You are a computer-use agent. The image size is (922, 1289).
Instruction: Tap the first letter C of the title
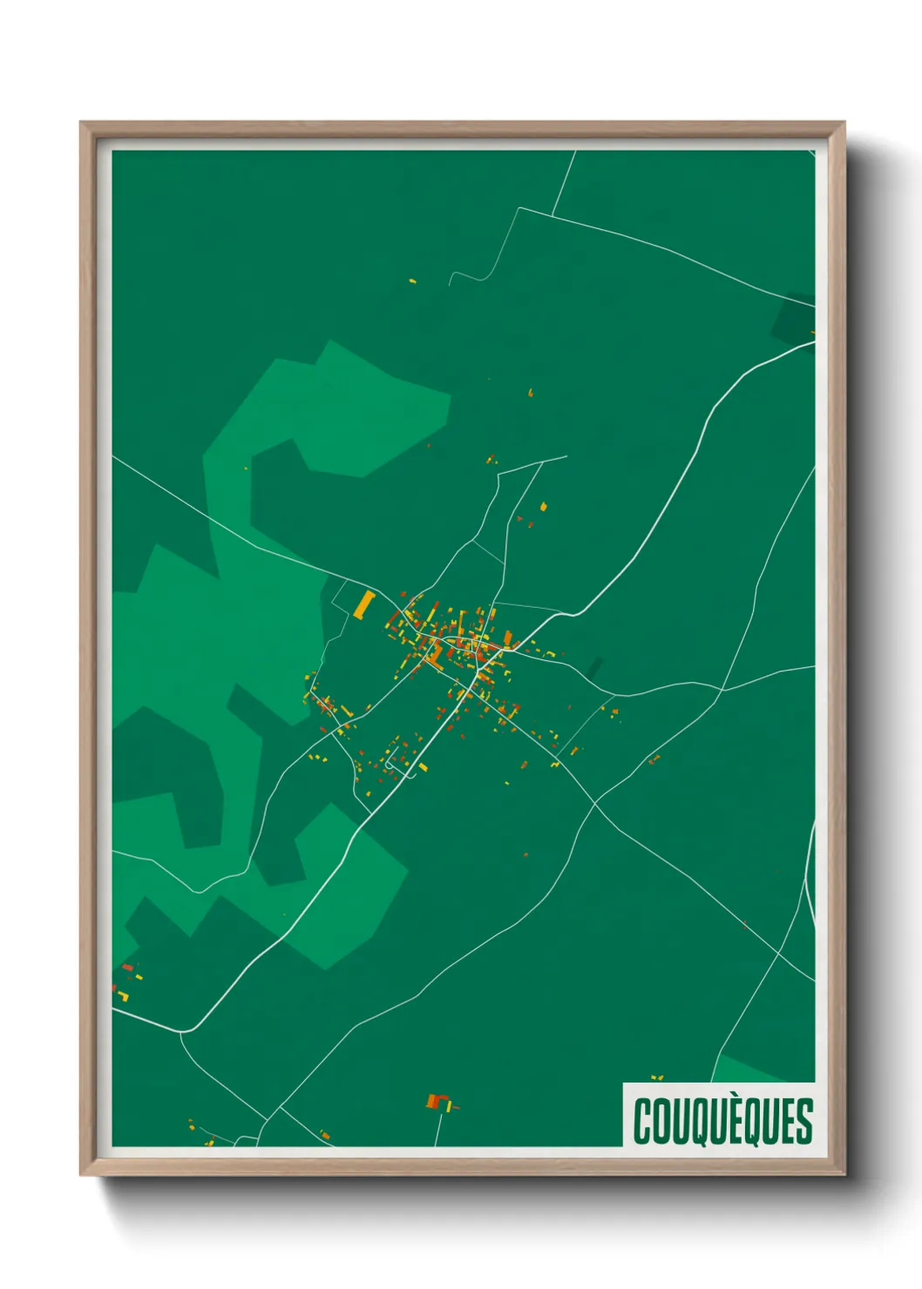click(x=643, y=1121)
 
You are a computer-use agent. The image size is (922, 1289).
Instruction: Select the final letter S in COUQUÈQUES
click(x=804, y=1121)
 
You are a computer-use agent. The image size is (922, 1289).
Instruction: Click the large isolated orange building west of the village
click(x=364, y=604)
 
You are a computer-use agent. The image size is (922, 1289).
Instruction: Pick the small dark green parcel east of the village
click(x=594, y=668)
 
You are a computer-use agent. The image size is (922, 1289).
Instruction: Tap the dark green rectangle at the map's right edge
click(x=791, y=321)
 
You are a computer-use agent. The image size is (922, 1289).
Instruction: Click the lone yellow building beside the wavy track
click(x=413, y=281)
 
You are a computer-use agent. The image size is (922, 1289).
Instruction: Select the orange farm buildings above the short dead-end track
click(x=438, y=1102)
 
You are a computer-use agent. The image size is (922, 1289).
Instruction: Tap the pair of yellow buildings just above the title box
click(x=657, y=1078)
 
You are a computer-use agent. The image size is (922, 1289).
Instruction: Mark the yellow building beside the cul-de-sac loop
click(x=423, y=767)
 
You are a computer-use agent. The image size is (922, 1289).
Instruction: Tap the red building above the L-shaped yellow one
click(x=126, y=967)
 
